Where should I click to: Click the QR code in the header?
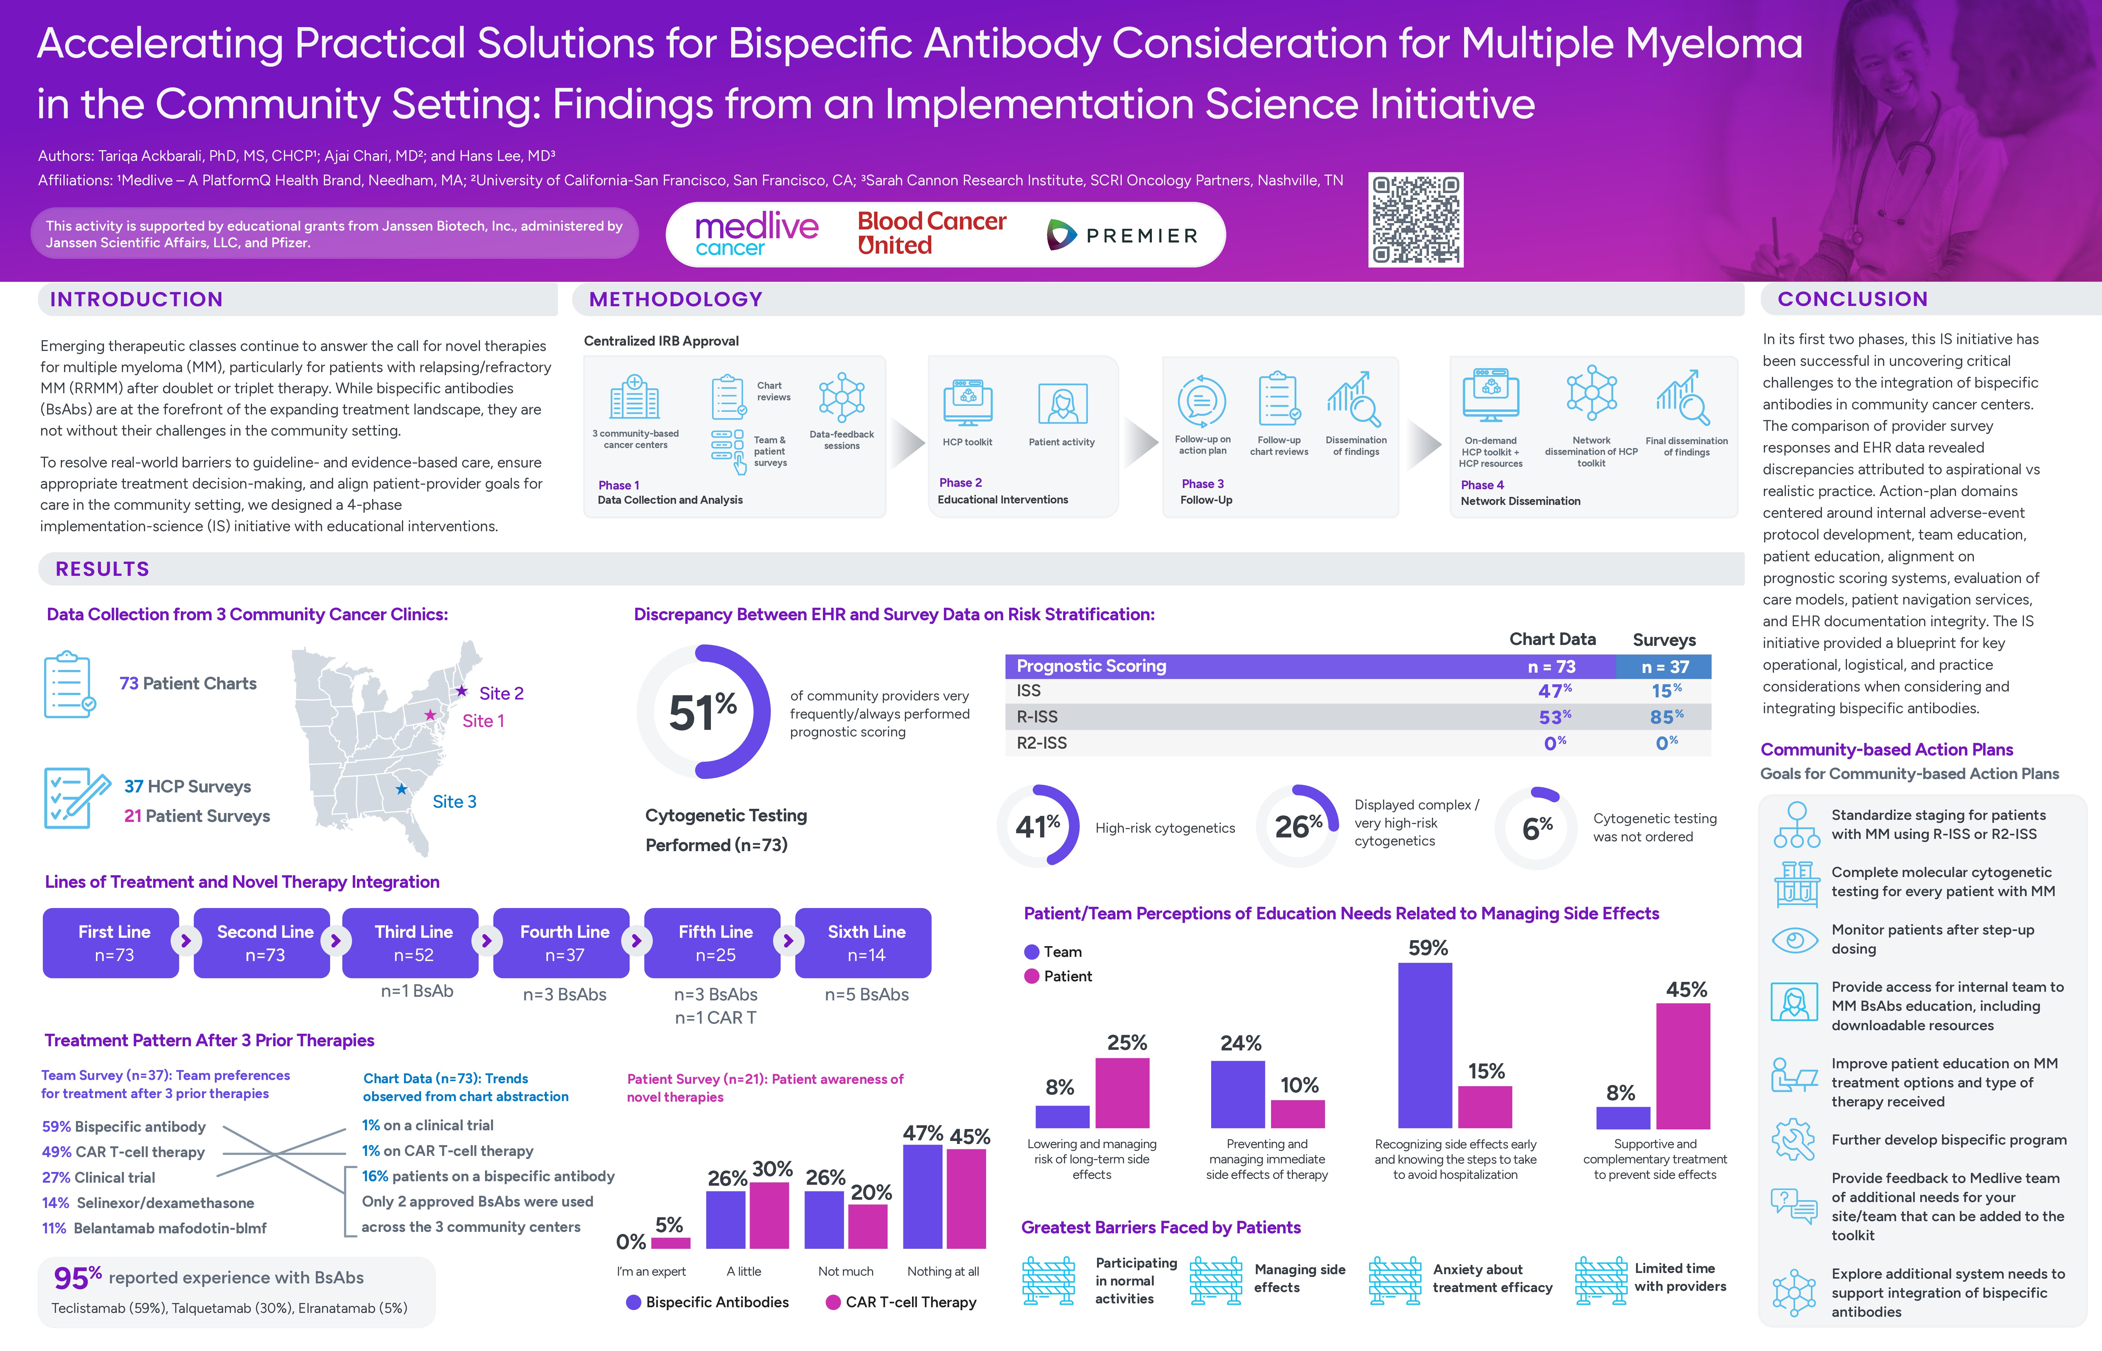(1416, 219)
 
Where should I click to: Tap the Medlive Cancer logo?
(756, 234)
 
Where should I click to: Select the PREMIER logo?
(1123, 235)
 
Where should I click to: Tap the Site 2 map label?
(501, 693)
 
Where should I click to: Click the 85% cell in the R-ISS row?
(1665, 717)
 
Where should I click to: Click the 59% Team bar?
(1425, 1044)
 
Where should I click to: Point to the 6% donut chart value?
(1537, 827)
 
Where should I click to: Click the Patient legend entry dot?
(1032, 977)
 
